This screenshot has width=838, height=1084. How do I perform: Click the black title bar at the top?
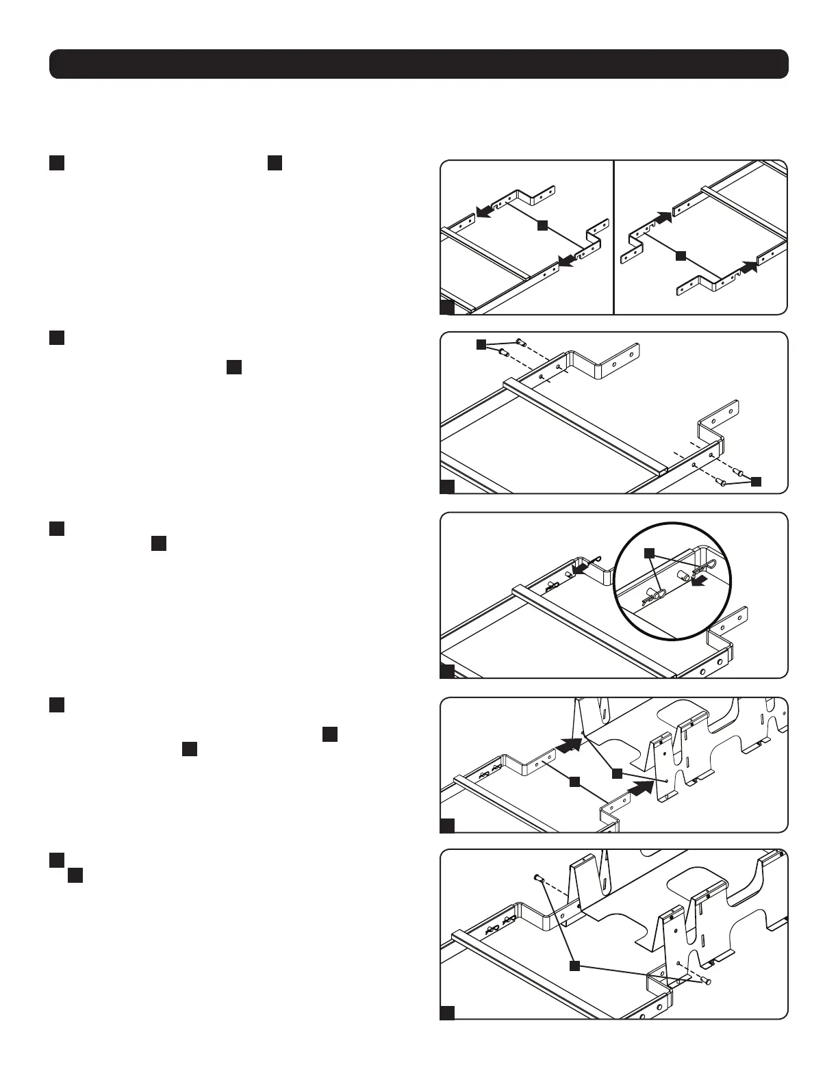tap(418, 64)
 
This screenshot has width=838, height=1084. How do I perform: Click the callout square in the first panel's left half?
tap(542, 224)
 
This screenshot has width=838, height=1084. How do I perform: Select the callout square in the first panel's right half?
tap(680, 256)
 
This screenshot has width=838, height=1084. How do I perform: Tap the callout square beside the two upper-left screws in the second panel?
tap(481, 344)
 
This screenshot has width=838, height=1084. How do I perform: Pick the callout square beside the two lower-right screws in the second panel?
tap(756, 481)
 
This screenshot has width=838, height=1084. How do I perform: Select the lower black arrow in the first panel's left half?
tap(567, 259)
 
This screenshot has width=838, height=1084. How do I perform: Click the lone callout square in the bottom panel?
tap(574, 966)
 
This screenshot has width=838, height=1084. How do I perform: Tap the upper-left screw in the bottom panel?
tap(537, 877)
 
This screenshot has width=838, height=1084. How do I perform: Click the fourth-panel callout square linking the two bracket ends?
tap(574, 781)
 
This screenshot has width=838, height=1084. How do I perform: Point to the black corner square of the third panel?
tap(447, 671)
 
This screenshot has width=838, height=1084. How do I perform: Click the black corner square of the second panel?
tap(447, 487)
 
